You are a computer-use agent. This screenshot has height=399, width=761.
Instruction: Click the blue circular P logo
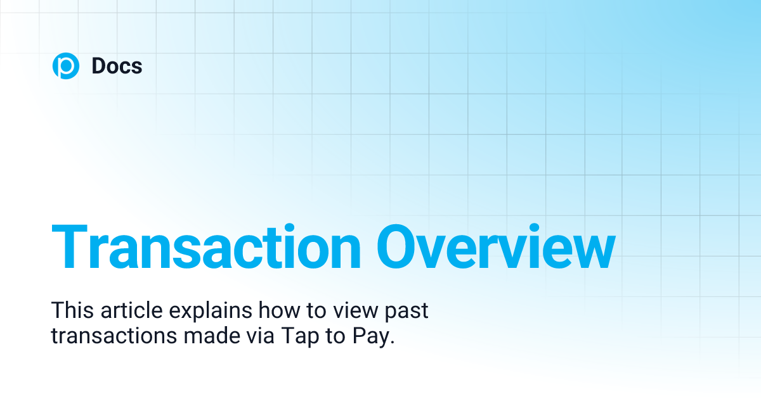coord(65,66)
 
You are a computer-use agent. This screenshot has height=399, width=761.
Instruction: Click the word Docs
coord(117,66)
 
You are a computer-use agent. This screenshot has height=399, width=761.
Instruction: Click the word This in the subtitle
coord(70,311)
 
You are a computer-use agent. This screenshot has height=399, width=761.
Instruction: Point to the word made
coord(207,336)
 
